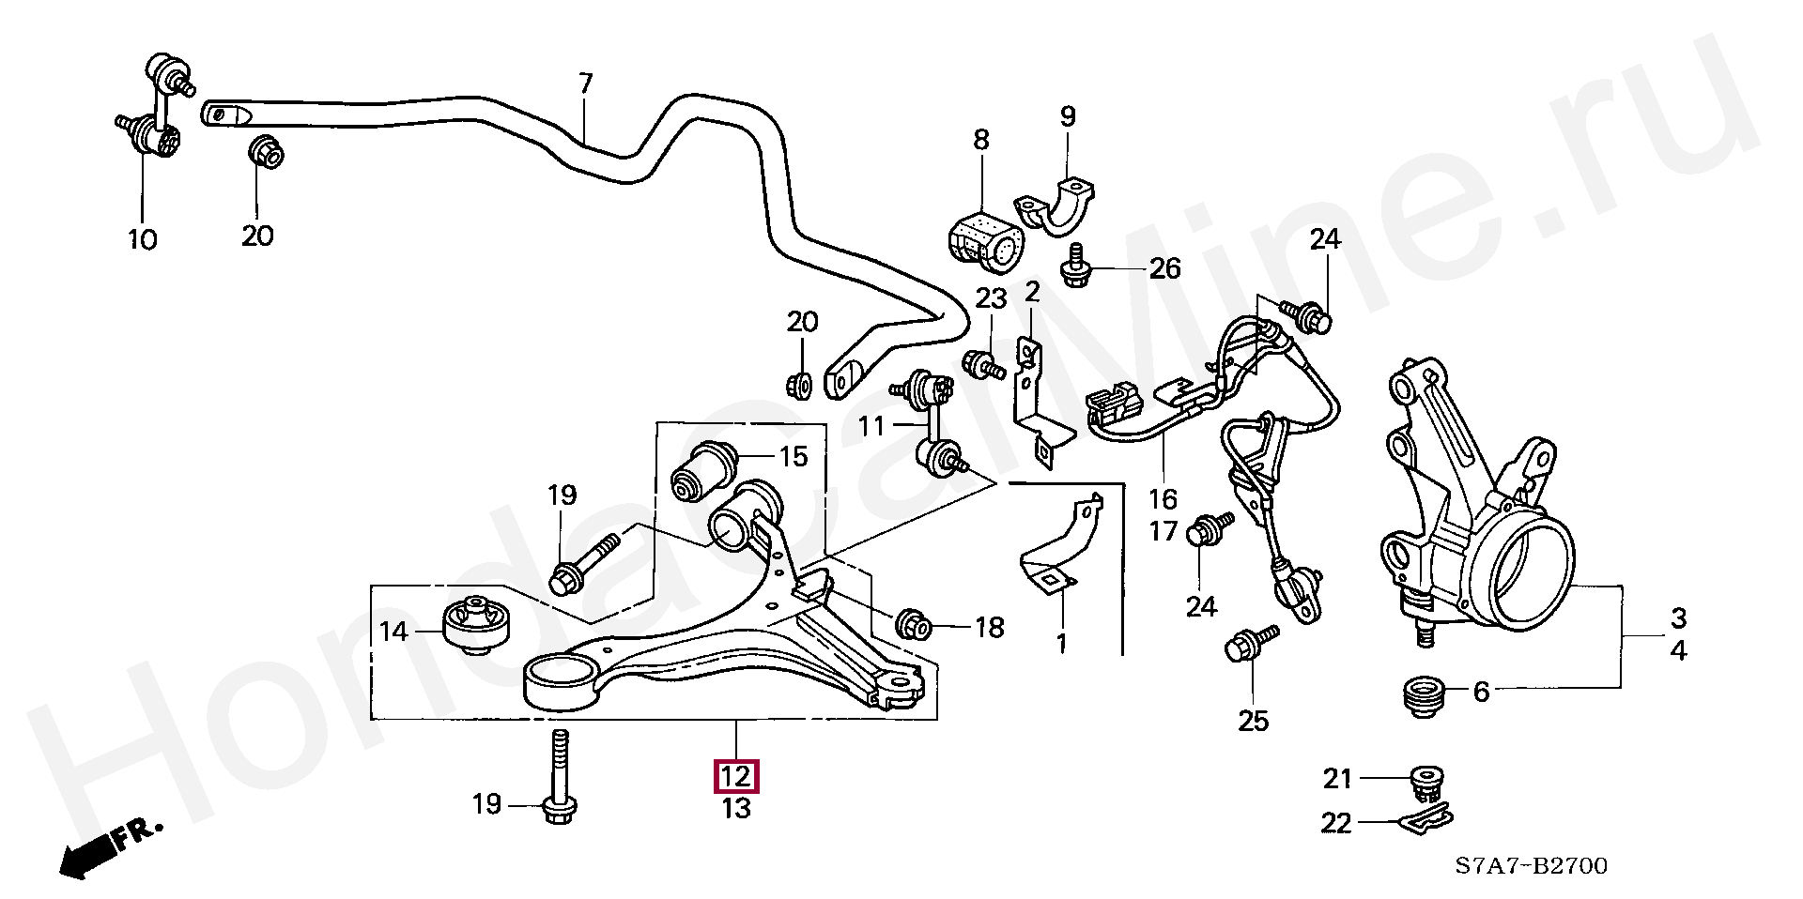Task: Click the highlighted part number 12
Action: tap(736, 777)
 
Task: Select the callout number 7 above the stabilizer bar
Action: tap(586, 84)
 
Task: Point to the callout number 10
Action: tap(143, 240)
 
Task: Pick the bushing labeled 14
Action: tap(475, 624)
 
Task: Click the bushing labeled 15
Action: tap(705, 469)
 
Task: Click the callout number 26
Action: tap(1164, 268)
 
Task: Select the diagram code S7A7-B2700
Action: tap(1533, 865)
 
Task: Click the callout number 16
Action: tap(1163, 498)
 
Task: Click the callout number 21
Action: tap(1337, 778)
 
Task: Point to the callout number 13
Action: tap(736, 808)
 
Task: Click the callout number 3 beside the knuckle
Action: tap(1678, 618)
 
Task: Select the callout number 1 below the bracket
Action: tap(1061, 644)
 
